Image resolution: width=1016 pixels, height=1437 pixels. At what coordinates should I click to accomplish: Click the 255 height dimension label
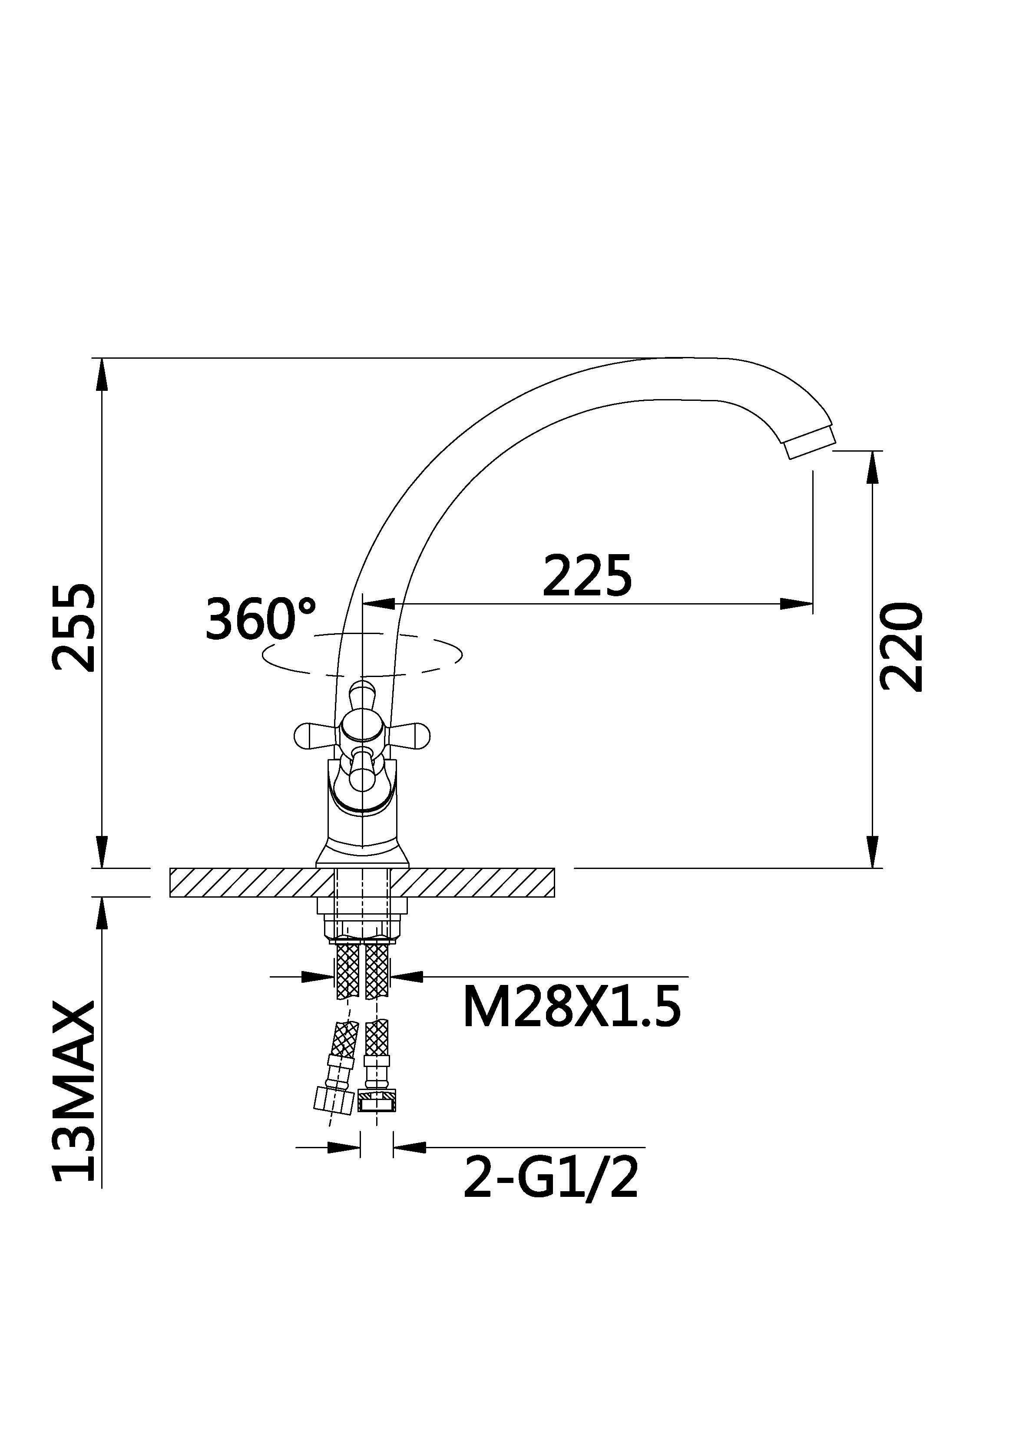(x=74, y=628)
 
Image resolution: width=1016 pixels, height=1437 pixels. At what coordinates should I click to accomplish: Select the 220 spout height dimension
(x=901, y=647)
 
